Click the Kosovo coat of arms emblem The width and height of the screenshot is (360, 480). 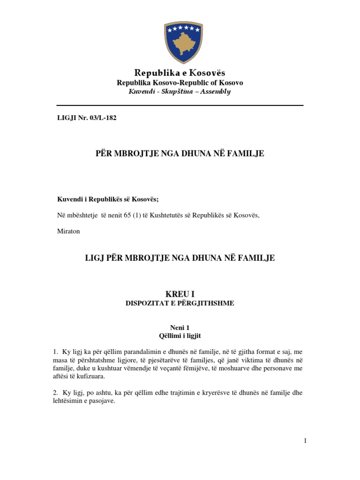pyautogui.click(x=180, y=43)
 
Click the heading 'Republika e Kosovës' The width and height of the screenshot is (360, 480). pyautogui.click(x=180, y=73)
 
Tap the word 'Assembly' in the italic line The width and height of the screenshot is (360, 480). pyautogui.click(x=215, y=91)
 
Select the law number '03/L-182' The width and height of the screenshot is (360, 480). pyautogui.click(x=103, y=118)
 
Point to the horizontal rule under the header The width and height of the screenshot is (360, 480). pyautogui.click(x=180, y=105)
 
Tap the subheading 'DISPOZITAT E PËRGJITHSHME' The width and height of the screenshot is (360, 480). pyautogui.click(x=180, y=303)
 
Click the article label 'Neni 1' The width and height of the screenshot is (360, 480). pyautogui.click(x=180, y=328)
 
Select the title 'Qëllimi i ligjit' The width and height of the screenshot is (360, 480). pyautogui.click(x=180, y=336)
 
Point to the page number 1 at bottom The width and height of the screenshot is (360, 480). pyautogui.click(x=305, y=441)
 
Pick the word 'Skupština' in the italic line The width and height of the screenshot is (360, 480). pyautogui.click(x=176, y=91)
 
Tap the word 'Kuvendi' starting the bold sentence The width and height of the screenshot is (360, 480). pyautogui.click(x=69, y=199)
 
